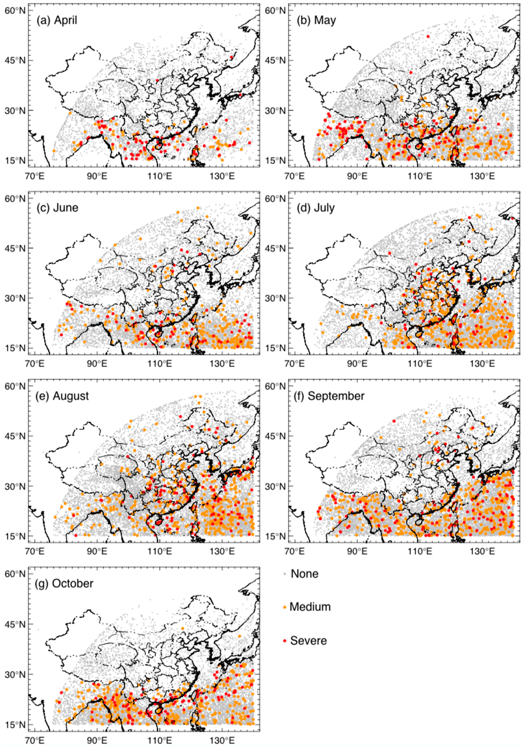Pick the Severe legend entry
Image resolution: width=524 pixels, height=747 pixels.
tap(308, 641)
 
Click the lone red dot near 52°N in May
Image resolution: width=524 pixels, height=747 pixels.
tap(428, 37)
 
